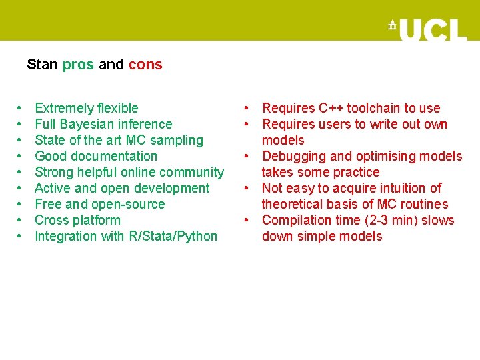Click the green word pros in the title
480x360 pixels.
click(79, 65)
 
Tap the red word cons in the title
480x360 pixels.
click(145, 65)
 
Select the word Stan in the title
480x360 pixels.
click(43, 65)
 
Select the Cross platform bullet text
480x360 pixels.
click(77, 220)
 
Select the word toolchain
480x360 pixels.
click(373, 108)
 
